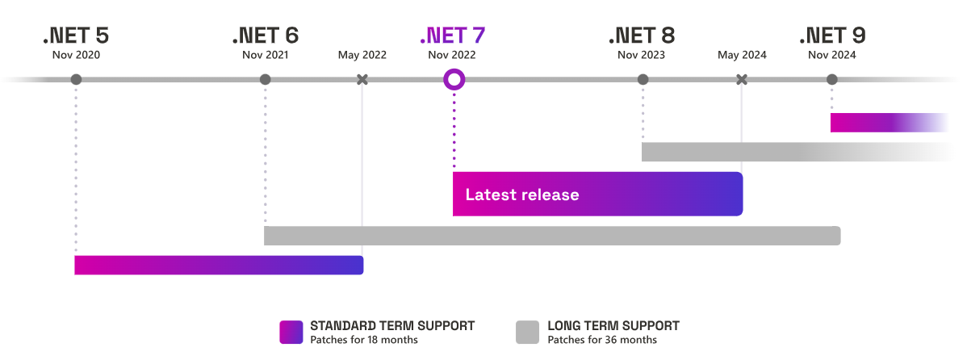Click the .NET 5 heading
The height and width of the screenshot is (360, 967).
76,36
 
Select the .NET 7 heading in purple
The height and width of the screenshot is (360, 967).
452,36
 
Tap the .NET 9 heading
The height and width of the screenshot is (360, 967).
832,36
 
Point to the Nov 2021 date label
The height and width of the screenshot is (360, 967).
265,55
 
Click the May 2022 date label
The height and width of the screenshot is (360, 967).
362,55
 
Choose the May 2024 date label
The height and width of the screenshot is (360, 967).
742,55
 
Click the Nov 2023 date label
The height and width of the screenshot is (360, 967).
642,55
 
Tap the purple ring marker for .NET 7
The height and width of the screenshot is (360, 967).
454,79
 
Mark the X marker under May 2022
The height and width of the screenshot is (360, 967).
362,79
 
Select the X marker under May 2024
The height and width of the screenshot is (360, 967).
742,79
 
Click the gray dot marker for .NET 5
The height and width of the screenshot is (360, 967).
76,79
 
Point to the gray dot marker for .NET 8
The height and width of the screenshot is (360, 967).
643,79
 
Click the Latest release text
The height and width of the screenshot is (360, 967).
522,195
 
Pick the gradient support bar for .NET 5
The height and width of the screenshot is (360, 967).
219,265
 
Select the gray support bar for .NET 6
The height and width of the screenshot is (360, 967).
552,236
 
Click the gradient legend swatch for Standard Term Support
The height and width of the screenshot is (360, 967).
291,332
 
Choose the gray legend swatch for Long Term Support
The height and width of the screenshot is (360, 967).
527,332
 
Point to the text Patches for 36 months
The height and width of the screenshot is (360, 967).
602,340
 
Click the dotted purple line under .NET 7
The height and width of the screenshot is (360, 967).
454,129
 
